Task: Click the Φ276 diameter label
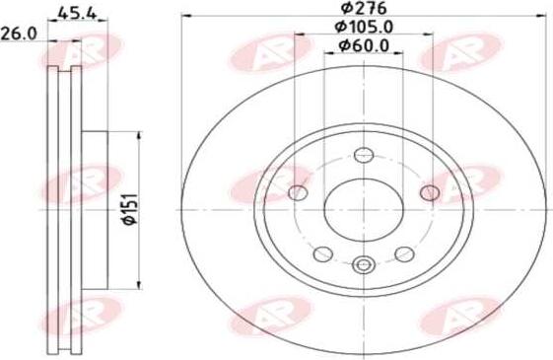364,8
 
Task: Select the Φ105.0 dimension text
364,27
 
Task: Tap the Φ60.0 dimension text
364,45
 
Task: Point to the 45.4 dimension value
77,14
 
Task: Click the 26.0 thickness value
19,34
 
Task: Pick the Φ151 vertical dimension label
129,209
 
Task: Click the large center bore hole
364,210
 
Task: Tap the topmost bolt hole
364,155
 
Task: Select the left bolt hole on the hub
298,192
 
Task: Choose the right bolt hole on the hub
430,192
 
